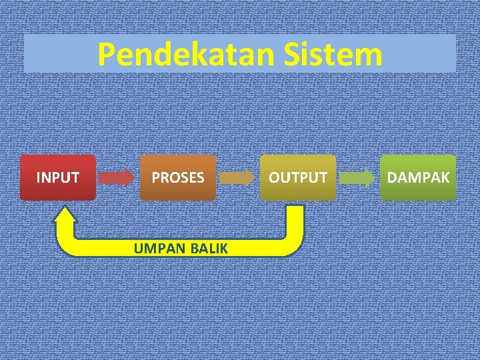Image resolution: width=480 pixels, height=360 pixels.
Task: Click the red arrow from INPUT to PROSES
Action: (x=117, y=177)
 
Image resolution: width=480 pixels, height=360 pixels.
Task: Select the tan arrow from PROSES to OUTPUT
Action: (x=237, y=177)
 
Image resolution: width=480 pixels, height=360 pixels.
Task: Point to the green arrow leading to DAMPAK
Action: (x=358, y=177)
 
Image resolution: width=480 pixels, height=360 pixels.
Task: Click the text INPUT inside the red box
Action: (x=57, y=178)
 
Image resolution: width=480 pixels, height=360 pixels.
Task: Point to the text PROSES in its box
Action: (x=178, y=178)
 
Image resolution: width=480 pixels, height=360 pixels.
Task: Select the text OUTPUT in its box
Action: (x=298, y=178)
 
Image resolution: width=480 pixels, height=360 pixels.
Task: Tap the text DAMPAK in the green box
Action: (x=418, y=178)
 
